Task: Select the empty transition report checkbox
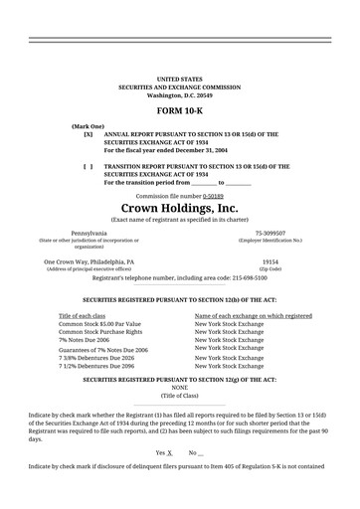pos(89,166)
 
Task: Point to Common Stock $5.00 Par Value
pos(99,324)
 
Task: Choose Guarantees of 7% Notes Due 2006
pos(103,350)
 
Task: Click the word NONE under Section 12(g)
pos(179,388)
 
